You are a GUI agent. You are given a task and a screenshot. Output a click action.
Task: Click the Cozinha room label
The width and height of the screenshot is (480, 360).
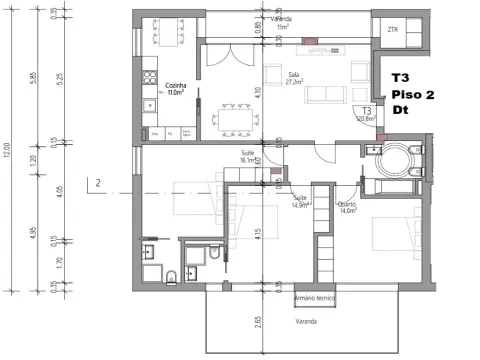click(x=175, y=89)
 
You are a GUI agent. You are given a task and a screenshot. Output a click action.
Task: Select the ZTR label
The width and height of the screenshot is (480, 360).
click(x=391, y=30)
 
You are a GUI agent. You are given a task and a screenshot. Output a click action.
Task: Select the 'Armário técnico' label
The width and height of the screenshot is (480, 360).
click(x=311, y=298)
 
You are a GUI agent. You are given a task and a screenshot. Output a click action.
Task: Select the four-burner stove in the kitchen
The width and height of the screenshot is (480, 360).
click(x=151, y=72)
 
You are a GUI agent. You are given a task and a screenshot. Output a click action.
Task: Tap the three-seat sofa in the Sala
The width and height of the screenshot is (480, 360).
click(x=323, y=94)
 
